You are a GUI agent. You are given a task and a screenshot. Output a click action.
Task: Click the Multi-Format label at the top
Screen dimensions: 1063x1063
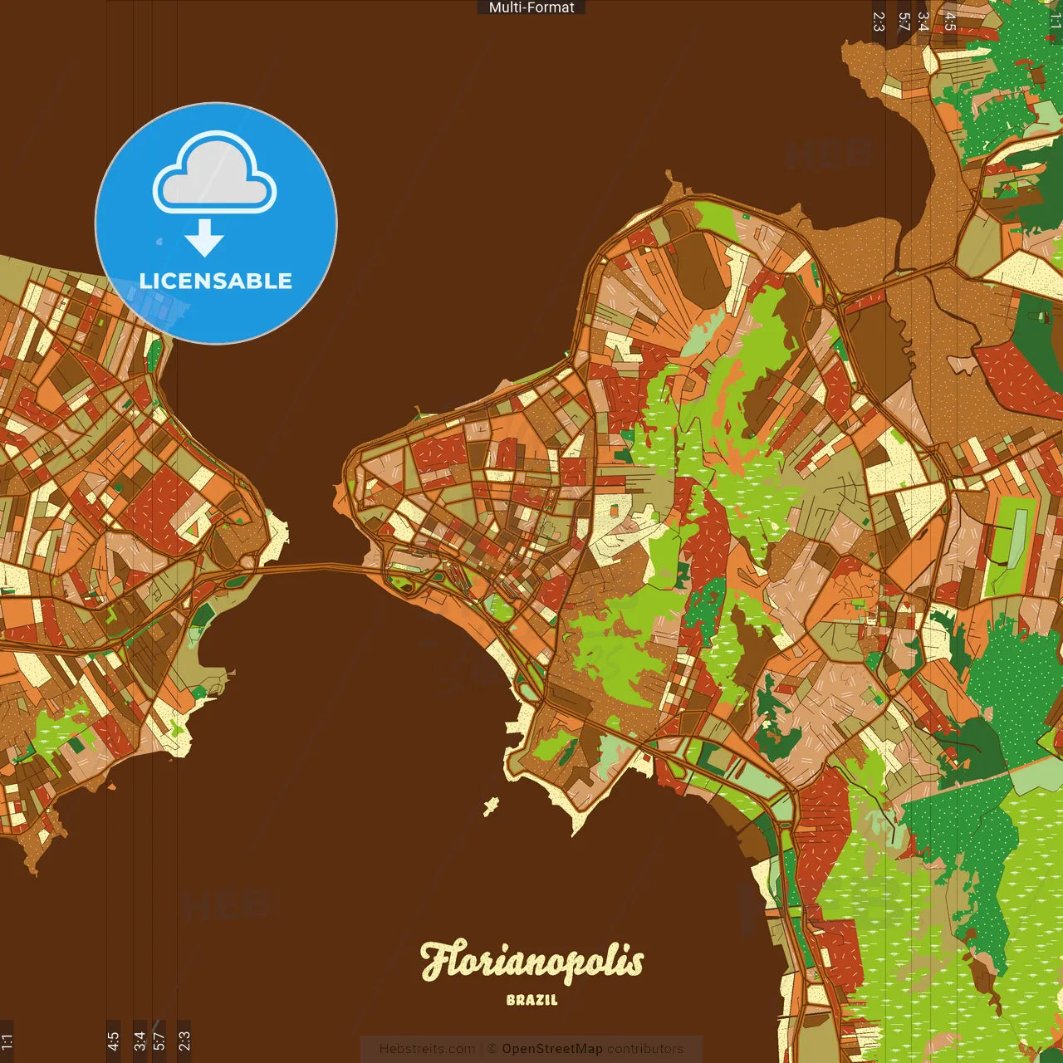pyautogui.click(x=531, y=7)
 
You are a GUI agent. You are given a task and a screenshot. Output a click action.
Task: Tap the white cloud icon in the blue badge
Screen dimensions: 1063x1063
pyautogui.click(x=215, y=174)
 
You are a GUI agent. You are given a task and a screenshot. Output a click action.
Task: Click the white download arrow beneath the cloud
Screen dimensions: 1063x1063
pyautogui.click(x=204, y=238)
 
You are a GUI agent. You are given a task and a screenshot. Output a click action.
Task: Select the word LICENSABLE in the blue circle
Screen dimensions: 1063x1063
pyautogui.click(x=216, y=281)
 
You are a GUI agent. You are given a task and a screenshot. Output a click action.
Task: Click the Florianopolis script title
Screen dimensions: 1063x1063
pyautogui.click(x=531, y=962)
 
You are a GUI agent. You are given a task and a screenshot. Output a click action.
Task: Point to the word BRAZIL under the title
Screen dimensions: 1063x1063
pyautogui.click(x=531, y=1000)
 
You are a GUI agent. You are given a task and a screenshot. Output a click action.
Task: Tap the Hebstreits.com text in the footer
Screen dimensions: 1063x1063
pyautogui.click(x=427, y=1049)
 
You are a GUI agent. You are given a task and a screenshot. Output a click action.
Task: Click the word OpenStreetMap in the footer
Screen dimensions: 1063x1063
pyautogui.click(x=551, y=1049)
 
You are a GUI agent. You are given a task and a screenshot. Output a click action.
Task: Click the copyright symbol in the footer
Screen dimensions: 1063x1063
pyautogui.click(x=492, y=1049)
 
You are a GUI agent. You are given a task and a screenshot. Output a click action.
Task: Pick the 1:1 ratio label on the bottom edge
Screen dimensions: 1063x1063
pyautogui.click(x=7, y=1041)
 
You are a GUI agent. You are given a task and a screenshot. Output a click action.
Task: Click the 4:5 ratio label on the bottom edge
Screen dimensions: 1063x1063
pyautogui.click(x=113, y=1041)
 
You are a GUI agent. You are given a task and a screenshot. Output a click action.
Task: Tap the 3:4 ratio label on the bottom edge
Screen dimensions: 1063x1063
pyautogui.click(x=139, y=1041)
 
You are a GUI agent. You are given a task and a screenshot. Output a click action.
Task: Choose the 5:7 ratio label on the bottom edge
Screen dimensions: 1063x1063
pyautogui.click(x=159, y=1041)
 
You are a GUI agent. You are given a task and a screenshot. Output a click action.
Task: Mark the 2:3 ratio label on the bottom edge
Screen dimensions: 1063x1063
pyautogui.click(x=184, y=1041)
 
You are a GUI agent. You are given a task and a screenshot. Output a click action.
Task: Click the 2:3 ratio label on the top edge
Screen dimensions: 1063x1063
pyautogui.click(x=879, y=21)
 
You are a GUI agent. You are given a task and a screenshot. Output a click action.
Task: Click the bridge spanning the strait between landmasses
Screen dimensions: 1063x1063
pyautogui.click(x=316, y=567)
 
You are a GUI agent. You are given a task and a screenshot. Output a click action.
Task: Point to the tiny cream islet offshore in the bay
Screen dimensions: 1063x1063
pyautogui.click(x=492, y=805)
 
